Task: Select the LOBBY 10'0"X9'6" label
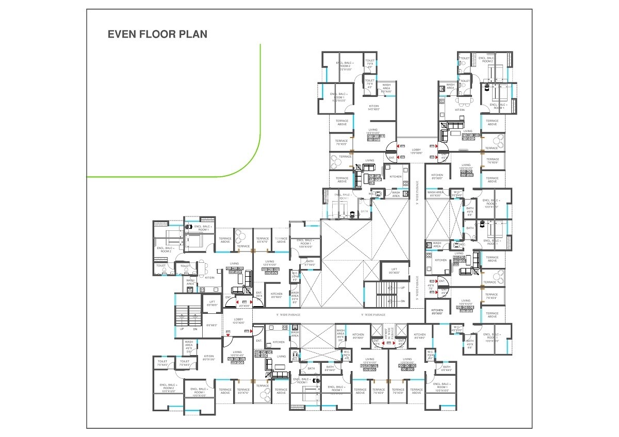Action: click(238, 321)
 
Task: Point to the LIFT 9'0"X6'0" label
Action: click(394, 271)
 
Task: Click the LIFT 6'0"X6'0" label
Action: click(211, 304)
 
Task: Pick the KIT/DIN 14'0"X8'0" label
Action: click(373, 107)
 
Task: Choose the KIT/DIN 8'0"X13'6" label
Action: click(209, 358)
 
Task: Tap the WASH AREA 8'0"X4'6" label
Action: click(386, 88)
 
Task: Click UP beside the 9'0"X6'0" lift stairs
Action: click(403, 288)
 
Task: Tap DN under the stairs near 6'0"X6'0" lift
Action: click(195, 329)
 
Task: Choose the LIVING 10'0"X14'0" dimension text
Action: click(237, 356)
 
